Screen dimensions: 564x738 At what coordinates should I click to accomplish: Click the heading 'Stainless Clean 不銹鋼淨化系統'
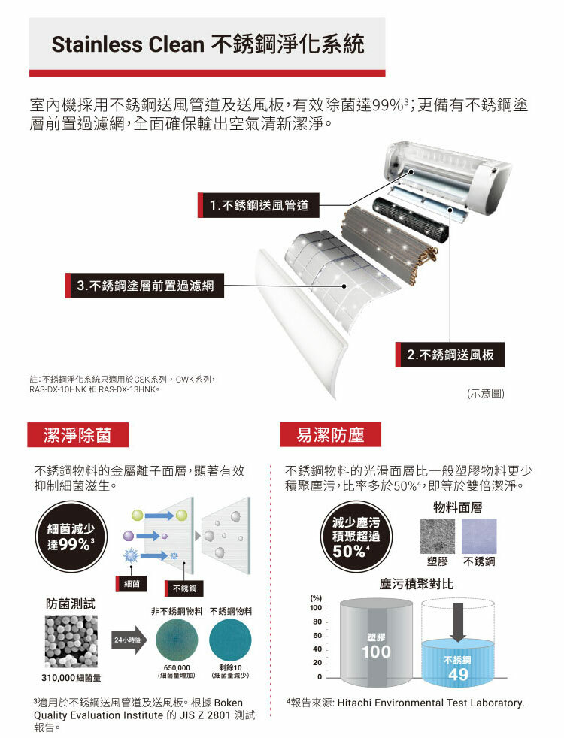tap(208, 44)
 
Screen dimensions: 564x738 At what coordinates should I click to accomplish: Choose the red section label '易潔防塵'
tap(330, 434)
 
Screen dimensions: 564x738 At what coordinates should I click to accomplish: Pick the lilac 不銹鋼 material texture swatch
tap(479, 536)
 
